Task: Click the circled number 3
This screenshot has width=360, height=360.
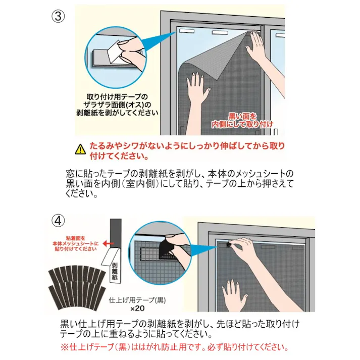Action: [x=58, y=16]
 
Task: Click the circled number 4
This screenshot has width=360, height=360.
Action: [x=58, y=221]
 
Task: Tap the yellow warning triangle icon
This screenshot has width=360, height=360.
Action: [x=81, y=149]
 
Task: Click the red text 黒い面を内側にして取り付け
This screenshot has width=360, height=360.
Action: [x=242, y=120]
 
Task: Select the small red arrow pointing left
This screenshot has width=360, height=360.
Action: [x=109, y=243]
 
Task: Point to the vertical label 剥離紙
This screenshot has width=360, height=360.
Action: [x=115, y=271]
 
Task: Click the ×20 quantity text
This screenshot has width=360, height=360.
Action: [x=137, y=308]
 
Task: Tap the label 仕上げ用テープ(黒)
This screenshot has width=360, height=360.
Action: [x=137, y=299]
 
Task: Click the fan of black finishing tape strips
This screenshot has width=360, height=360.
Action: [x=77, y=287]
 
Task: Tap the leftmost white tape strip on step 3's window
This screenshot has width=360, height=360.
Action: [x=187, y=31]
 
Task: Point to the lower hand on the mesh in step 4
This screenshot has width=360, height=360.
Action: [x=234, y=293]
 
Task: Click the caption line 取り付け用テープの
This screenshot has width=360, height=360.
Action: [x=117, y=97]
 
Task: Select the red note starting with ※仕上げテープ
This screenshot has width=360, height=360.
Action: [x=175, y=347]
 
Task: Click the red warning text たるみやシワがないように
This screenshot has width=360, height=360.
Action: [x=187, y=146]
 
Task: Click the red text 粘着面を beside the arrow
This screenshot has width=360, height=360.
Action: [x=76, y=238]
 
